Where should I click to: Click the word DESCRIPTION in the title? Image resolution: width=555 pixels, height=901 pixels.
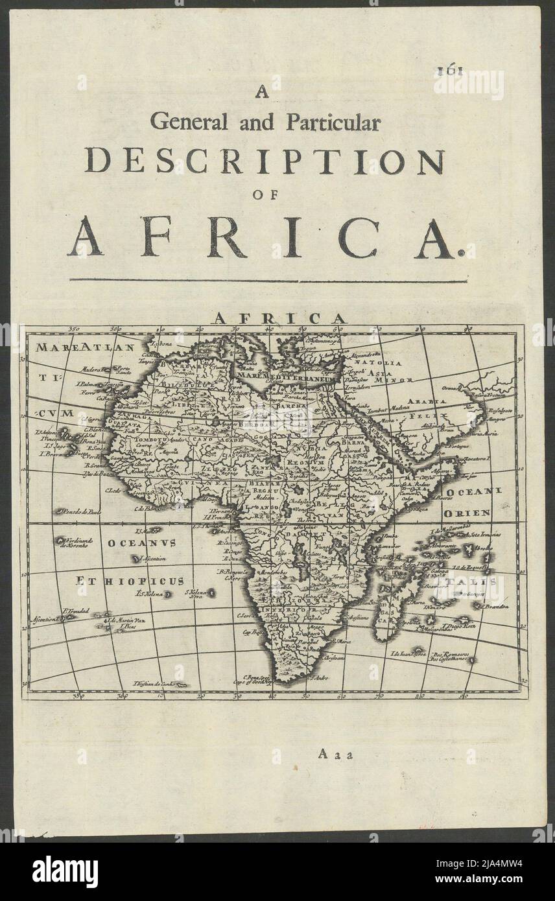265,161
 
